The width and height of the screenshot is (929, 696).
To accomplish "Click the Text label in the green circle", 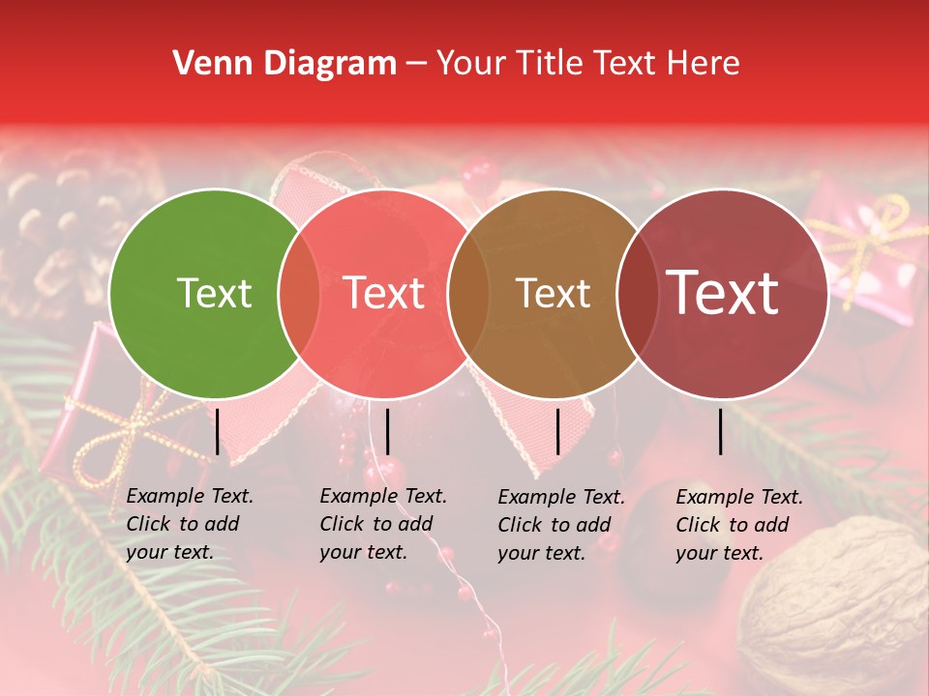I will [x=214, y=293].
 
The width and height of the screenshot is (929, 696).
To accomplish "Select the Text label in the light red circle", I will [x=384, y=293].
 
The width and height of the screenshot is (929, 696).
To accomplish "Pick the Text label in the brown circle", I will [x=554, y=293].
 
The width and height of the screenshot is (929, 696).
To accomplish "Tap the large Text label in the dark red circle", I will [x=723, y=293].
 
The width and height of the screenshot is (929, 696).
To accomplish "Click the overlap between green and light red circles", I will [x=299, y=294].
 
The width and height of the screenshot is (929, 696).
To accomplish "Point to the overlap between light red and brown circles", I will [x=468, y=294].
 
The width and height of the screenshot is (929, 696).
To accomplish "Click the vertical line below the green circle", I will [x=218, y=432].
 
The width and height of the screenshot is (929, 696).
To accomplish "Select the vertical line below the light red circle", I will [x=387, y=432].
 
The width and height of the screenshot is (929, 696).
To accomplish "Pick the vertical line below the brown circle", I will [x=557, y=432].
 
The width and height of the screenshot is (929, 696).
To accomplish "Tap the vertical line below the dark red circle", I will [x=721, y=432].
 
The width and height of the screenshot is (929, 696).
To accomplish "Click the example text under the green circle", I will [x=190, y=524].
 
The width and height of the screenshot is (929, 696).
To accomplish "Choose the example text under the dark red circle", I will [x=739, y=525].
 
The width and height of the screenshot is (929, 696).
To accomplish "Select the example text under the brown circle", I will [x=561, y=525].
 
